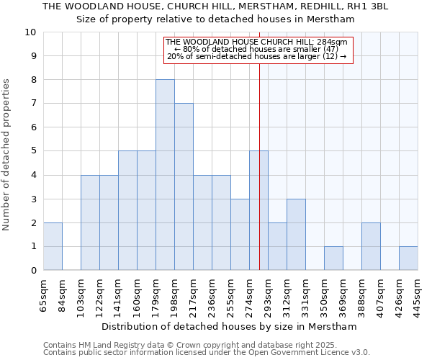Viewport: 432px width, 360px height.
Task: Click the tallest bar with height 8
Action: pos(165,175)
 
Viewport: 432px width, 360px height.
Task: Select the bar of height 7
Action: pos(184,186)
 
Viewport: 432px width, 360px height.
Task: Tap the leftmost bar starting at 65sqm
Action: pos(53,246)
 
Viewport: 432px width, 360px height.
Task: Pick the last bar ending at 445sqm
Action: pos(408,258)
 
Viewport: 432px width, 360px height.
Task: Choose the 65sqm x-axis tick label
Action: pos(44,294)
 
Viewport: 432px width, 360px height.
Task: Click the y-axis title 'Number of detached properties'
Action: pos(7,155)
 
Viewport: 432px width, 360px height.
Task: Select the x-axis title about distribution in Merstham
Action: pos(229,326)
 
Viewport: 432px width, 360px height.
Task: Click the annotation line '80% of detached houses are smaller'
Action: pos(261,49)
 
